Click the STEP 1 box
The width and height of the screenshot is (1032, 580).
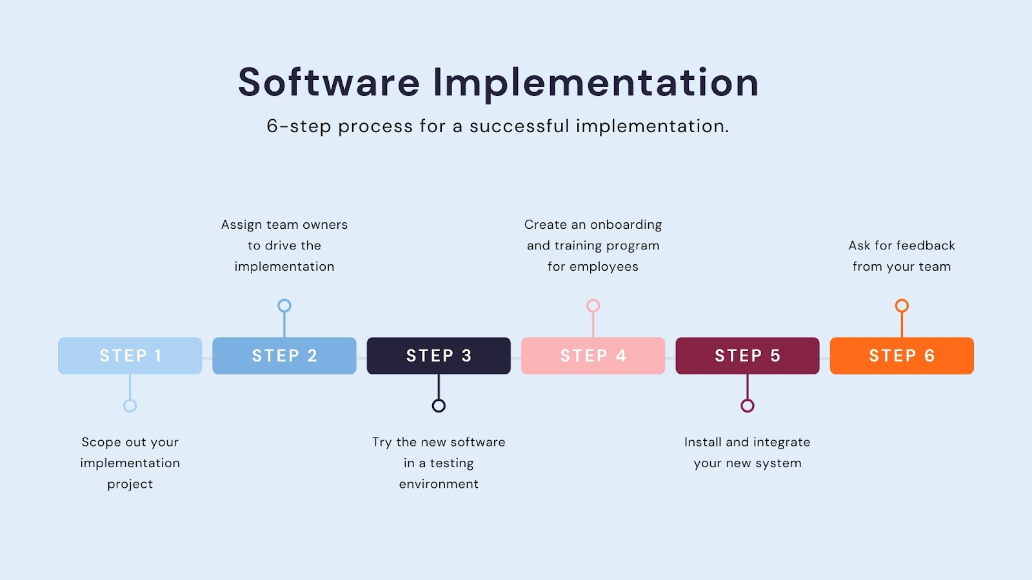click(130, 356)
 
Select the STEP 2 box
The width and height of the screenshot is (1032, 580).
click(284, 356)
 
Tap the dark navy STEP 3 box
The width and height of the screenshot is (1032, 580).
click(439, 356)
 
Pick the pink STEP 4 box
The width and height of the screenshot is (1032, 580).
click(593, 356)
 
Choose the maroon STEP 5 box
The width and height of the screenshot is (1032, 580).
click(747, 356)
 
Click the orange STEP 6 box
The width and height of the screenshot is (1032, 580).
click(902, 356)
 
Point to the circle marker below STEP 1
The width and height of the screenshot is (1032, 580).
click(130, 405)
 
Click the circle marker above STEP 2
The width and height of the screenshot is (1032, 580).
click(284, 305)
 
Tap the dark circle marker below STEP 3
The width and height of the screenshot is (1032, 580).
click(439, 405)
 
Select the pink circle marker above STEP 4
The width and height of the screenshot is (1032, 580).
click(593, 305)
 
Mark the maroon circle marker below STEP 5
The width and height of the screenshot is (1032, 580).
click(748, 405)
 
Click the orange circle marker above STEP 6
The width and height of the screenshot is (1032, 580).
click(902, 305)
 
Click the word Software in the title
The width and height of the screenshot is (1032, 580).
click(329, 82)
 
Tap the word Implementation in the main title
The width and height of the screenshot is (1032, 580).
click(595, 82)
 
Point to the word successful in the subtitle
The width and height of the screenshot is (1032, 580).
click(519, 126)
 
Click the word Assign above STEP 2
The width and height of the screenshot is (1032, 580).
click(241, 225)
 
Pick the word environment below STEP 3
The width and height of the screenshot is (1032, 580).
click(439, 484)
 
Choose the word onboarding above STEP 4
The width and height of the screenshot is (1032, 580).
click(626, 225)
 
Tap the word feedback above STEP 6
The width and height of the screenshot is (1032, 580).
click(925, 246)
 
